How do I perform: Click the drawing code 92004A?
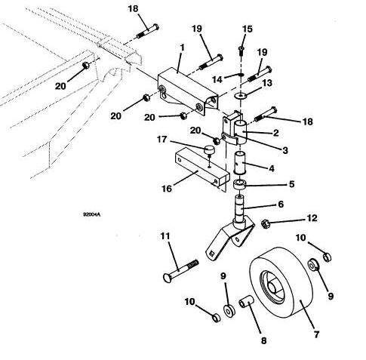92,214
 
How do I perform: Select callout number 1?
182,48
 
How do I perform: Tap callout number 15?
247,29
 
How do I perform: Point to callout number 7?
316,334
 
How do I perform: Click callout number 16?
167,189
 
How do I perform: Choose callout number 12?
312,218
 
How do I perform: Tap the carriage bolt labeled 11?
180,270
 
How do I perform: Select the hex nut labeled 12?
265,223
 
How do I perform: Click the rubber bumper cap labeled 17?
208,150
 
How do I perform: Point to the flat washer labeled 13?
241,95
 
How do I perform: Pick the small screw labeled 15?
241,51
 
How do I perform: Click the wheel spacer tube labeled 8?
246,301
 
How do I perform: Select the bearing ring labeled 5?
240,185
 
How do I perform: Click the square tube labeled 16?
201,168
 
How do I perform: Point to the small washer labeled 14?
241,75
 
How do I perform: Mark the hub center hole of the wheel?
273,287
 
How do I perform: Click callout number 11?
165,236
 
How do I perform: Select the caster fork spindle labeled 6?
232,229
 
